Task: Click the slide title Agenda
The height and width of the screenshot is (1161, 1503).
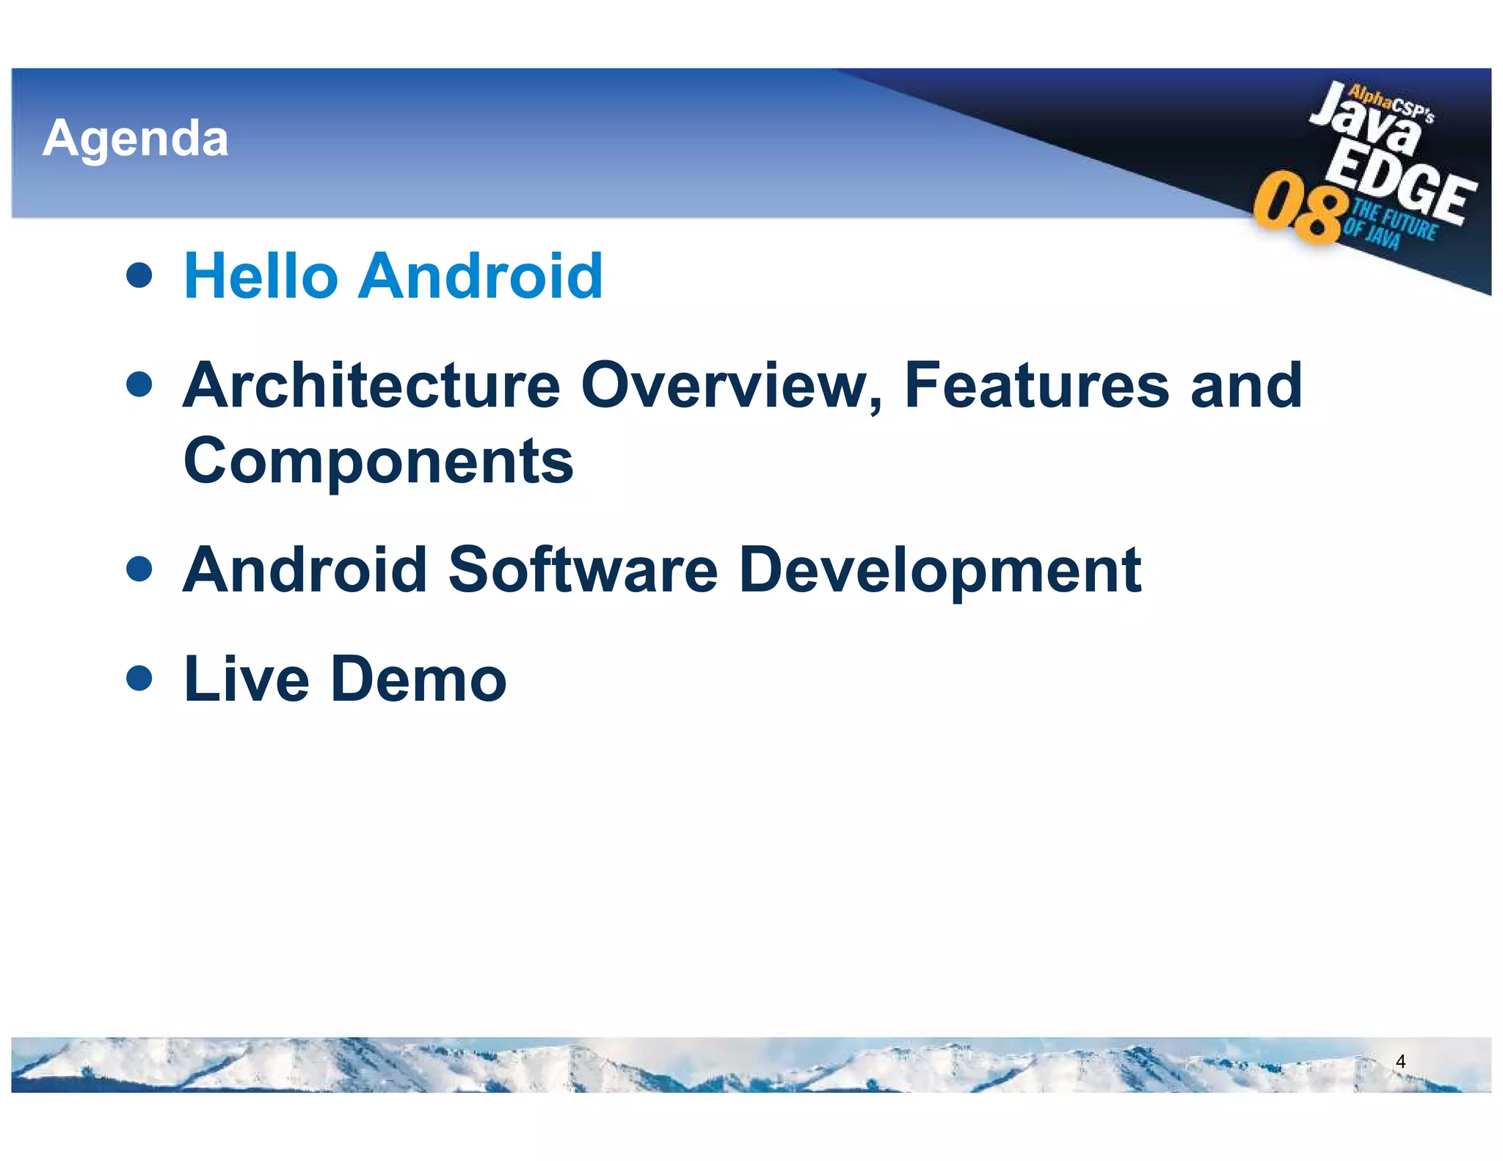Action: pos(136,138)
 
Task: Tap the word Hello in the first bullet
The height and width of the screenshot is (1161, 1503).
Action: pos(261,276)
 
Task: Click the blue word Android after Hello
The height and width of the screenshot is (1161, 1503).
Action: pos(480,276)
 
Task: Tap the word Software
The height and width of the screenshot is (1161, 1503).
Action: pos(583,570)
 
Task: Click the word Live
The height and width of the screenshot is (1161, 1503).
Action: pos(247,680)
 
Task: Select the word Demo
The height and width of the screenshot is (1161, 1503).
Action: pos(418,680)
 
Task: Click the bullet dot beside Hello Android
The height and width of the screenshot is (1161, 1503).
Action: pos(139,276)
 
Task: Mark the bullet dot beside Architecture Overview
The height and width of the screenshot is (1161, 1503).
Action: pos(139,385)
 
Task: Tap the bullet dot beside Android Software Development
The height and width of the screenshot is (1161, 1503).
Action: pos(139,569)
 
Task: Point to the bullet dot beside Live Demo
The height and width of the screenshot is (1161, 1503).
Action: pos(139,678)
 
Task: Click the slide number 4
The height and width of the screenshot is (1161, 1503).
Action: pos(1400,1061)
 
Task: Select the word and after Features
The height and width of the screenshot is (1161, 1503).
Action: pos(1246,386)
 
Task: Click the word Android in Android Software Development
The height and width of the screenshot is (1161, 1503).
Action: pos(305,570)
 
